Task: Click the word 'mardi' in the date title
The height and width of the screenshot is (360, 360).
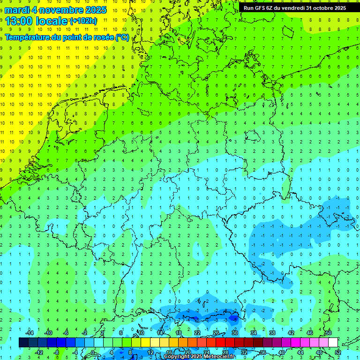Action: click(x=16, y=9)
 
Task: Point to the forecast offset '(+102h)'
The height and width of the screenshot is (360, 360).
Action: click(x=83, y=21)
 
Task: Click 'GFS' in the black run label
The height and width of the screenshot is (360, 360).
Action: click(x=261, y=8)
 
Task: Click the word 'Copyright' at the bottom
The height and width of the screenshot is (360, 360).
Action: click(x=176, y=357)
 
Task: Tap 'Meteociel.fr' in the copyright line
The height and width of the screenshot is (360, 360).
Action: click(x=218, y=357)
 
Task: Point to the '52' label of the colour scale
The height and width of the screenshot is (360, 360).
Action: click(x=337, y=352)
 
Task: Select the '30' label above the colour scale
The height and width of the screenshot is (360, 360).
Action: click(x=235, y=333)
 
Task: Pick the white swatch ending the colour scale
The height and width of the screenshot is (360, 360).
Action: click(x=333, y=343)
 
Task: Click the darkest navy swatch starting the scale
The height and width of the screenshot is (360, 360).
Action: click(x=23, y=343)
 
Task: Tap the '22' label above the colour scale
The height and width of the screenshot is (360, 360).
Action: click(x=197, y=333)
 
